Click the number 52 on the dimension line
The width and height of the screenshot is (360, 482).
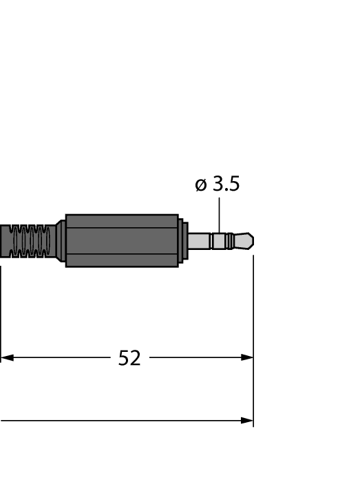point(129,358)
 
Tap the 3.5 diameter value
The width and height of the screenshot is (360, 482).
point(226,184)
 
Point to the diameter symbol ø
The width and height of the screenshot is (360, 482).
point(201,185)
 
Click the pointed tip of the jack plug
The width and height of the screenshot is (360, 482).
point(253,241)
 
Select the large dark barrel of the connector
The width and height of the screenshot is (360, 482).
point(122,241)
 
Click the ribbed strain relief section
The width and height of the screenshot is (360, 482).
point(30,241)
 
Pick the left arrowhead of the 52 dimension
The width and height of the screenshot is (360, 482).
point(8,357)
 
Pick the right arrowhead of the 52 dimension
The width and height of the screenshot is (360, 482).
point(247,357)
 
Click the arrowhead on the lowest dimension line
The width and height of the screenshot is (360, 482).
point(247,421)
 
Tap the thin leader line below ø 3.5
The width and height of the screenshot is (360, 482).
point(219,215)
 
